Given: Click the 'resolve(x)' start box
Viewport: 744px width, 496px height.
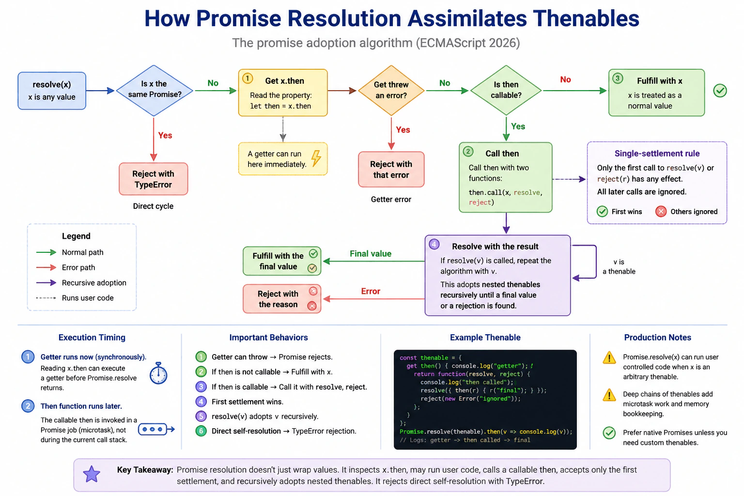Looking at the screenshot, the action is pos(52,91).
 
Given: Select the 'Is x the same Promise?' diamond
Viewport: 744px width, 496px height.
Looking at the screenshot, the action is pos(154,91).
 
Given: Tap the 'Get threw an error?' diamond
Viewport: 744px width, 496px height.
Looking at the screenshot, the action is pos(391,91).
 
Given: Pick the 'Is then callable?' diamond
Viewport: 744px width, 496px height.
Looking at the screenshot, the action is pos(506,91).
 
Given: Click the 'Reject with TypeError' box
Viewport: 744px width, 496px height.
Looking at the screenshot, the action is pos(154,179).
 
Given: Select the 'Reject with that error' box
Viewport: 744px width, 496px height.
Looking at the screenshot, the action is pos(391,170).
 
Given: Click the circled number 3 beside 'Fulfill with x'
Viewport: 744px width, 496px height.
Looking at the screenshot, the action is pos(618,79).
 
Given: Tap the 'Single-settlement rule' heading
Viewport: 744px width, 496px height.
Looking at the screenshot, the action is pos(657,154).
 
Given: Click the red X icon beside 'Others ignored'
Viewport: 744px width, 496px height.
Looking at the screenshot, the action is pos(661,212).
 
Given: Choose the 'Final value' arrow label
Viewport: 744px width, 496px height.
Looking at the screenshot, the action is pos(371,254).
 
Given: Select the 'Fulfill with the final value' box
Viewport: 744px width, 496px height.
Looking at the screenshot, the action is pos(282,261).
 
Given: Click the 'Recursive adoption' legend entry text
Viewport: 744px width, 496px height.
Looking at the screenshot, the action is pos(94,283).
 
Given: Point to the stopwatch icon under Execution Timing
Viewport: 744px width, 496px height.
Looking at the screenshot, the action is pos(158,373).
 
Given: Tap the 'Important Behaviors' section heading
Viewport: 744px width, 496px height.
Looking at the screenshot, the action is pos(268,338).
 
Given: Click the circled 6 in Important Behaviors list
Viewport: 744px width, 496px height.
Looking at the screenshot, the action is pos(201,431).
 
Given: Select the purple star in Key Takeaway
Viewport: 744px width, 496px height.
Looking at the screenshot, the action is pos(92,474).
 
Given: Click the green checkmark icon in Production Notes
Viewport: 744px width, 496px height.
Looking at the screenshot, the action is pos(609,433).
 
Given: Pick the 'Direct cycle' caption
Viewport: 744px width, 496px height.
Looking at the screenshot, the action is pos(153,206).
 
